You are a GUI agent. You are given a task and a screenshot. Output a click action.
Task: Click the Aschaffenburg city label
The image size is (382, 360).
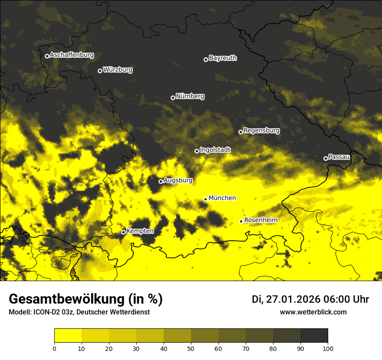(72, 55)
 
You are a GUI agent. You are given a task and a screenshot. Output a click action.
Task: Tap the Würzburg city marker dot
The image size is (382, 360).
(100, 71)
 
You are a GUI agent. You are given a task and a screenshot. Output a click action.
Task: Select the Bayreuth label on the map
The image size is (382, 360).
(223, 58)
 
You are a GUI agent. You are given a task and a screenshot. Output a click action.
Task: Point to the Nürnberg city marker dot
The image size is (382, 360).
(173, 98)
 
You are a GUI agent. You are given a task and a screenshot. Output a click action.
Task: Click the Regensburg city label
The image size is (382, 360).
(261, 131)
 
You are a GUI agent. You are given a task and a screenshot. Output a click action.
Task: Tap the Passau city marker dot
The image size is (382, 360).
(326, 158)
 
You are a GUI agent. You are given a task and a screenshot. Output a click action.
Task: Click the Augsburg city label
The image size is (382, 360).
(178, 180)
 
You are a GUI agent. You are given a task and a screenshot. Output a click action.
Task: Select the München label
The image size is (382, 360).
(222, 198)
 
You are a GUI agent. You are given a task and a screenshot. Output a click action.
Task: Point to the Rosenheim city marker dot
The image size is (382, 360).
(241, 222)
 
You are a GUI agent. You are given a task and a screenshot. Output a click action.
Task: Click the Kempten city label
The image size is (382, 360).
(140, 231)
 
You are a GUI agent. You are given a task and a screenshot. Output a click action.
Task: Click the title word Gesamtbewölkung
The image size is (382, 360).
(64, 299)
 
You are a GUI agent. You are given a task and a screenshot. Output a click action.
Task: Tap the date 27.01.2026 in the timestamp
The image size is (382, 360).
(292, 299)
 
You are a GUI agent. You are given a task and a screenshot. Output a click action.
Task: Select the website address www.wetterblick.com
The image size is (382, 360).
(313, 312)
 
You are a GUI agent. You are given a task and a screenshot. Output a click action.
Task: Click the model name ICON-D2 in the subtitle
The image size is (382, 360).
(46, 312)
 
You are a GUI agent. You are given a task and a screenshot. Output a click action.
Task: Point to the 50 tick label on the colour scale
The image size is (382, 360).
(191, 348)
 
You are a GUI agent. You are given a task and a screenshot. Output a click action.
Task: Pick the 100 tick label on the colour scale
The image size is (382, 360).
(328, 348)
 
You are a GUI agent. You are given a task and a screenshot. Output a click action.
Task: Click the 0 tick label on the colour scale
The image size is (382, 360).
(54, 348)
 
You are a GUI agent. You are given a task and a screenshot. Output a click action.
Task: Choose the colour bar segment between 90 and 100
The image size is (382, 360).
(314, 336)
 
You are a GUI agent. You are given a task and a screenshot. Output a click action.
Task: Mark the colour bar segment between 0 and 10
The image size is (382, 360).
(68, 336)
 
